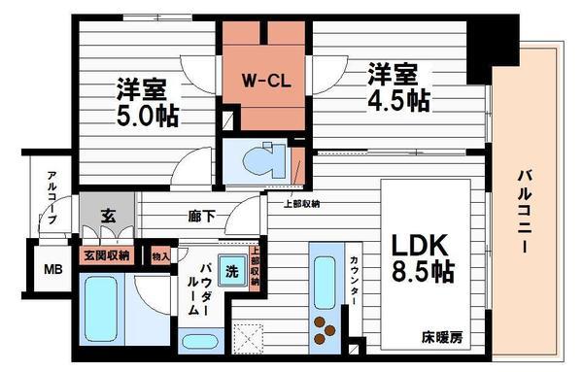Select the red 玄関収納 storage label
[107, 255]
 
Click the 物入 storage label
[161, 255]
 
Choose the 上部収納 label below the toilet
[300, 203]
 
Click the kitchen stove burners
[324, 331]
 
